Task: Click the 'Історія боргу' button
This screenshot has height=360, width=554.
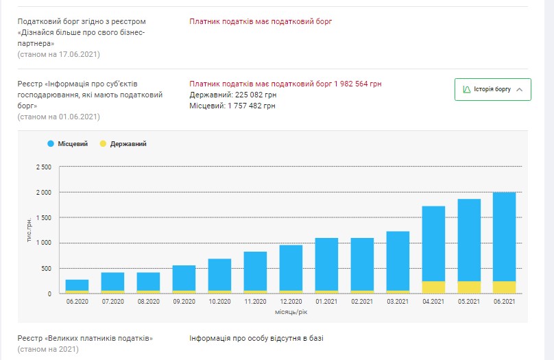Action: (x=492, y=90)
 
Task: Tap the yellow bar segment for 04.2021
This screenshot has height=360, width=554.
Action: (x=433, y=287)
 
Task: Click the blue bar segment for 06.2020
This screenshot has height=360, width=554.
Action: (x=77, y=285)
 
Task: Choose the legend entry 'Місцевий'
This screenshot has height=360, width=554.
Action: (x=67, y=144)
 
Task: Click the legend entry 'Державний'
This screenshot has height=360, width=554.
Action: (x=123, y=144)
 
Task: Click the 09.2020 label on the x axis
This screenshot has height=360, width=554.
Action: (x=184, y=301)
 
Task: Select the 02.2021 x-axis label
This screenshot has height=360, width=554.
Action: (x=362, y=301)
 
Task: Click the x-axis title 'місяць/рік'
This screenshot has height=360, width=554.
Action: (x=291, y=311)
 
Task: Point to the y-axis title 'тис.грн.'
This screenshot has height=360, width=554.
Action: (x=29, y=230)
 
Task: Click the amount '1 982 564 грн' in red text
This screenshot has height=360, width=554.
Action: (x=358, y=84)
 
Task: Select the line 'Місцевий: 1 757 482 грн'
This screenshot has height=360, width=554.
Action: (x=232, y=106)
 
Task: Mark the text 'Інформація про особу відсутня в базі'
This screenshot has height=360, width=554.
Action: (x=256, y=338)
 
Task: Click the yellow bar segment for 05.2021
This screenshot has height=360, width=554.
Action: (x=469, y=287)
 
